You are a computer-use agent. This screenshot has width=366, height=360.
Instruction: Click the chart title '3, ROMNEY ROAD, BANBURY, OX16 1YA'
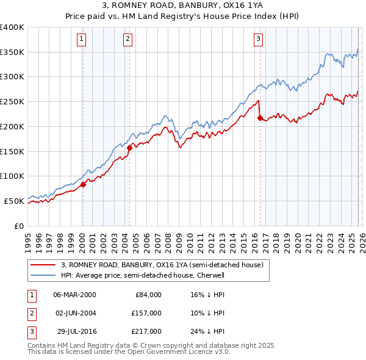tap(182, 6)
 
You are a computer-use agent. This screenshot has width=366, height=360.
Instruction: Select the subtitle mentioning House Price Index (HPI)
tap(182, 16)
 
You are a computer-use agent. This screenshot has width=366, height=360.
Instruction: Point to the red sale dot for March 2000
tap(83, 184)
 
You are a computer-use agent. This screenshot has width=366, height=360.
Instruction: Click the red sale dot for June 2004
tap(129, 147)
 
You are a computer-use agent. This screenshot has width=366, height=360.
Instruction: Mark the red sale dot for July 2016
tap(260, 118)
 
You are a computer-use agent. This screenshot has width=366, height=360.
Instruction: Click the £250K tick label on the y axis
tap(12, 102)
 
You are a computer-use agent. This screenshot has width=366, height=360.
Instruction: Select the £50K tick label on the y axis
tap(15, 201)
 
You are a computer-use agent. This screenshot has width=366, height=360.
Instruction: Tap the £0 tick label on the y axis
tap(19, 226)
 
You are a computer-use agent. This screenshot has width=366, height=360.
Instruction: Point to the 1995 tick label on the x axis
tap(28, 238)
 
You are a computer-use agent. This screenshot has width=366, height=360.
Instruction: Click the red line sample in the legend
tap(43, 265)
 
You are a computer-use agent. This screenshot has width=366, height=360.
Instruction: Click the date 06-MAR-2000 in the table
tap(74, 295)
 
